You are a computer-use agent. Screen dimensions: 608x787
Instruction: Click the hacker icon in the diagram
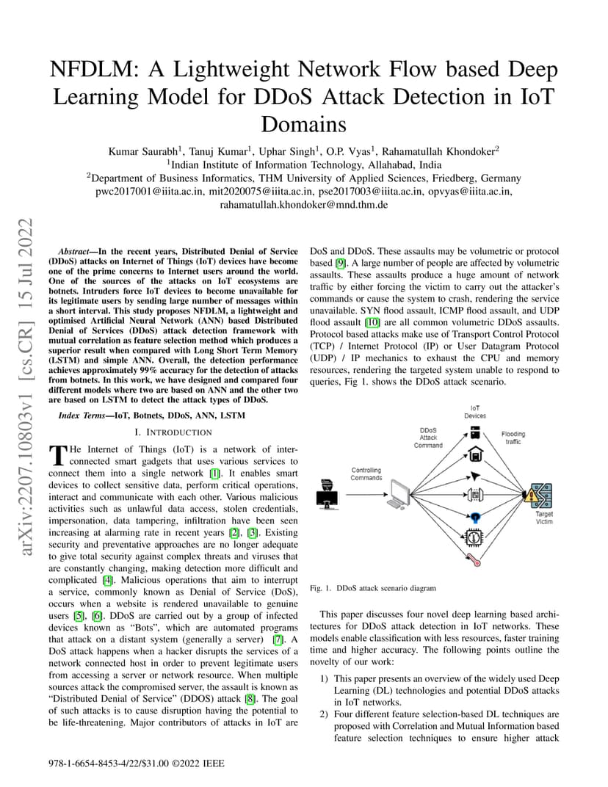tap(327, 494)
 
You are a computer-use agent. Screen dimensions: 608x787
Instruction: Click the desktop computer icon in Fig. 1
tap(399, 494)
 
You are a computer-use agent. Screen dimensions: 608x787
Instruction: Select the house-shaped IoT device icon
tap(475, 454)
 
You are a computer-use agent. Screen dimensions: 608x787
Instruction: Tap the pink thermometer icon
tap(474, 559)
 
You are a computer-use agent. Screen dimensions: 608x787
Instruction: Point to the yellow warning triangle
tap(530, 496)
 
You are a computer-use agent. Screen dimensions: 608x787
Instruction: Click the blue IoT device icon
tap(475, 517)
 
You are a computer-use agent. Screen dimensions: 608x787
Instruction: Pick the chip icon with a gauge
tap(474, 537)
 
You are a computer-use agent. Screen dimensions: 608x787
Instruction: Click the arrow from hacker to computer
tap(366, 494)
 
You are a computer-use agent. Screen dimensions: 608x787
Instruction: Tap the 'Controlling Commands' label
tap(366, 474)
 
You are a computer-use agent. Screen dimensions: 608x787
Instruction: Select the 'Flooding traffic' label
tap(513, 438)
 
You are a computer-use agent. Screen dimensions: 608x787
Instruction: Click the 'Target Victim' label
tap(543, 518)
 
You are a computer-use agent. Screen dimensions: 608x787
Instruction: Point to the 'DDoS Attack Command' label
tap(428, 438)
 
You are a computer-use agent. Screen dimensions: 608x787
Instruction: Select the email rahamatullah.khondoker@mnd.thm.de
tap(304, 205)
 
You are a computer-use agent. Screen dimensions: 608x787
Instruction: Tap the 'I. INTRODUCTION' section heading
tap(173, 432)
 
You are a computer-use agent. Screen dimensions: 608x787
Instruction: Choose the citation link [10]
tap(372, 322)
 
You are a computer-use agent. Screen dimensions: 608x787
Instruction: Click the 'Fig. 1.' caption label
tap(320, 588)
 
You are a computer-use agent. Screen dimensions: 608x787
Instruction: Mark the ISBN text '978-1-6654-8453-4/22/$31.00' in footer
tap(109, 764)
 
